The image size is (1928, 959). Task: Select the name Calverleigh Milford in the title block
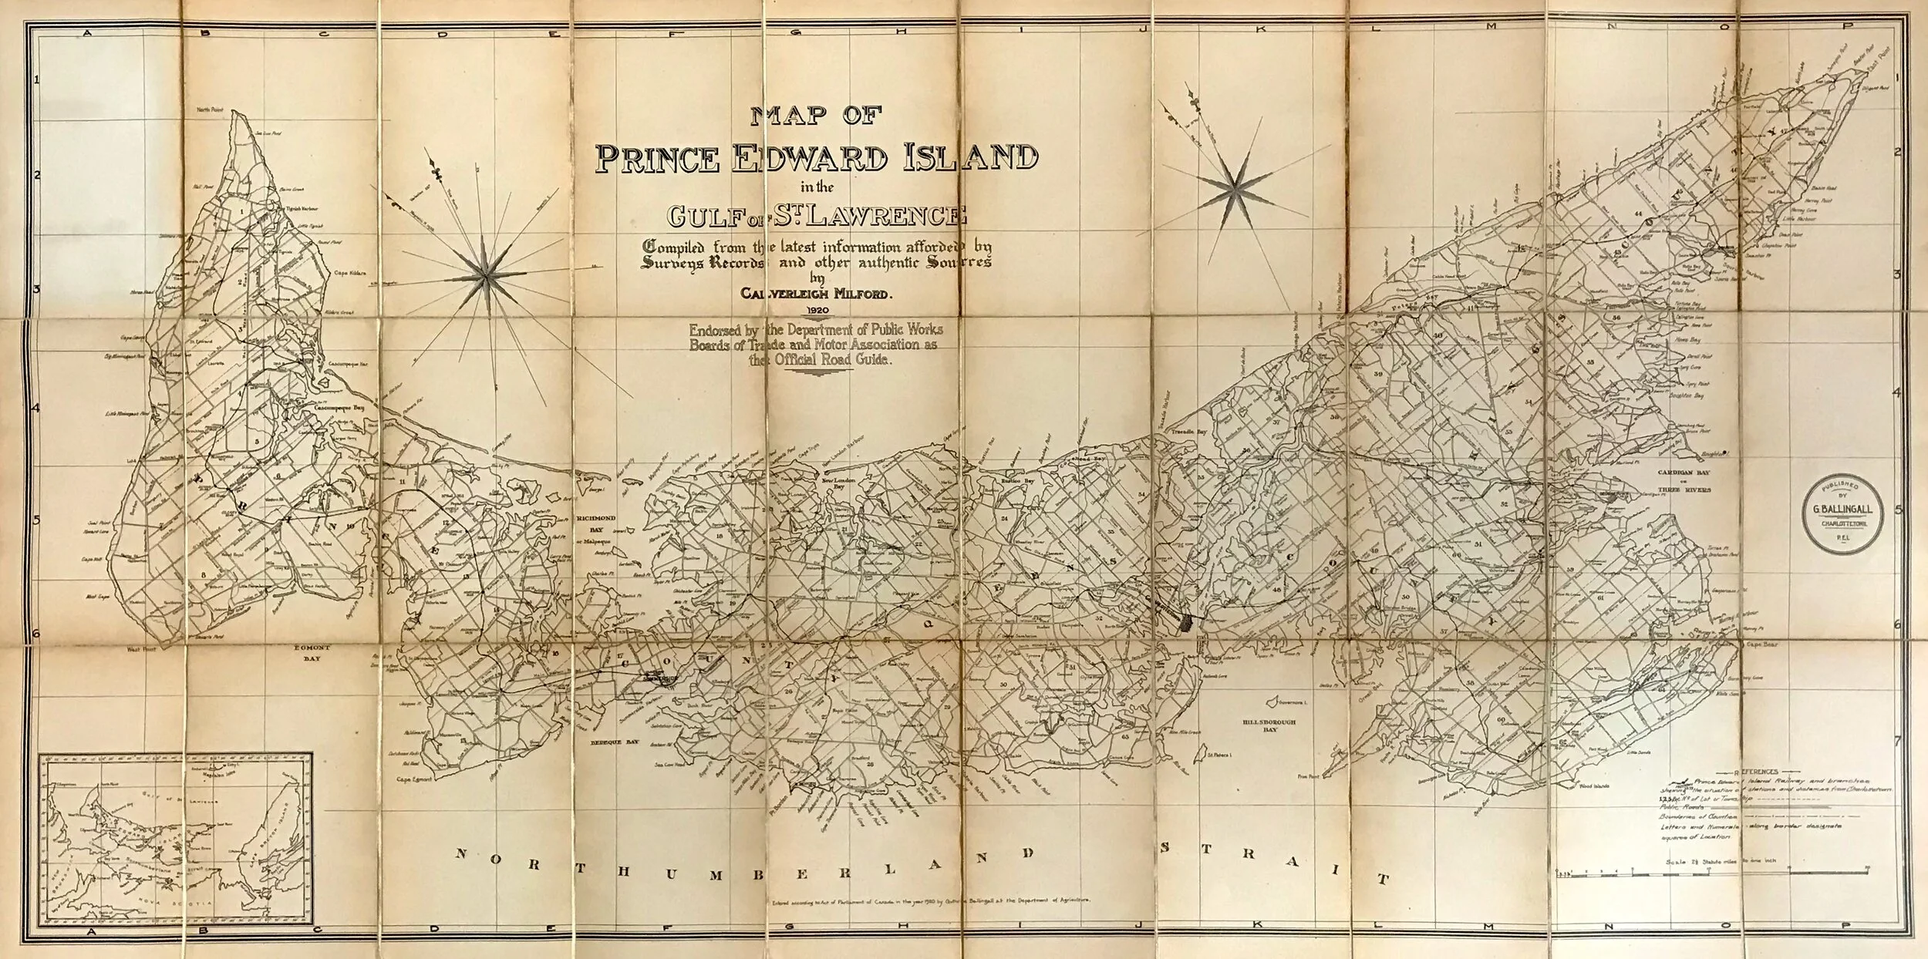tap(817, 293)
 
